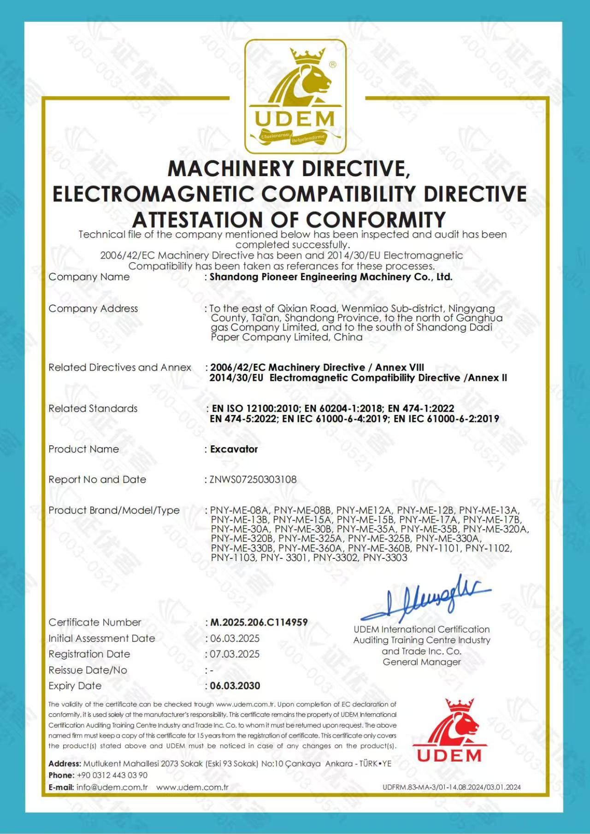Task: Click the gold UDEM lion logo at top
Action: tap(295, 96)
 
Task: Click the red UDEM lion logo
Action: tap(449, 731)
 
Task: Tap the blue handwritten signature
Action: tap(426, 599)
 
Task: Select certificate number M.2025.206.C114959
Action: tap(259, 622)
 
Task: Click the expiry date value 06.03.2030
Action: tap(235, 686)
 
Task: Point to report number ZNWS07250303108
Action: tap(253, 479)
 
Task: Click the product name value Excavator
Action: tap(234, 449)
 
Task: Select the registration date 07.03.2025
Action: tap(235, 654)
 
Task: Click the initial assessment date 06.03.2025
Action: tap(235, 639)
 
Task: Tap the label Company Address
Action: tap(93, 308)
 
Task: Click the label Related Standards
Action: tap(93, 408)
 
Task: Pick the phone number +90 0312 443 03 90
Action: tap(112, 775)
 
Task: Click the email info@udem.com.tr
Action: tap(112, 787)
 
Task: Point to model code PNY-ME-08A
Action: tap(239, 510)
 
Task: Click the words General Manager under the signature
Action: tap(421, 662)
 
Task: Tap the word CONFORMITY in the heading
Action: tap(376, 219)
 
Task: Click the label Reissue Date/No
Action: tap(88, 670)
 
